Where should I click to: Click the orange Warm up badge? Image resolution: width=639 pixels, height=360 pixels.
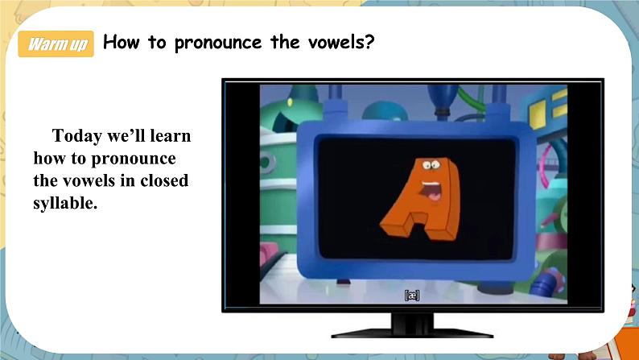coord(56,43)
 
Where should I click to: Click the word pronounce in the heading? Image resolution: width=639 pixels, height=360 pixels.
coord(218,43)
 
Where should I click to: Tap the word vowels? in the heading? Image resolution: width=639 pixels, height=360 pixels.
coord(340,42)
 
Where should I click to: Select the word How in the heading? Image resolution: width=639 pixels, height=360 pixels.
coord(121,42)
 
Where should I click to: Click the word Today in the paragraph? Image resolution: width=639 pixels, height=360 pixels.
coord(77,137)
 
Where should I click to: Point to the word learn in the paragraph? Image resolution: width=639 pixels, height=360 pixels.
coord(171,136)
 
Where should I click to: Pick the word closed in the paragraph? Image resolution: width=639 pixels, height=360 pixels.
coord(164,180)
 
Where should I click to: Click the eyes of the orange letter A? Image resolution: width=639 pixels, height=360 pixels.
coord(431,165)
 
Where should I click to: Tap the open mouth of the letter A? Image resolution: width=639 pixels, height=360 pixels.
coord(431,190)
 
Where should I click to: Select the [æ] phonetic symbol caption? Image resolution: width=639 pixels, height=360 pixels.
coord(411,296)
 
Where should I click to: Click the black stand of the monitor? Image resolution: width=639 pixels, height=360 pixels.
coord(412,326)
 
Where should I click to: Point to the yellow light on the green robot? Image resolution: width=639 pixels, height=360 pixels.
coord(290,102)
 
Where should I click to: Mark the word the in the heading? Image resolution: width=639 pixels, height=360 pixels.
coord(285,42)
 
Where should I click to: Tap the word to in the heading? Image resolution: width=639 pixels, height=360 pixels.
coord(157,43)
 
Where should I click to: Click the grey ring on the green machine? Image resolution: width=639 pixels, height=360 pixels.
coord(267,162)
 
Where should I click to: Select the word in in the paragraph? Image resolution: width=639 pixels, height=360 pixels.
coord(127,180)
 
